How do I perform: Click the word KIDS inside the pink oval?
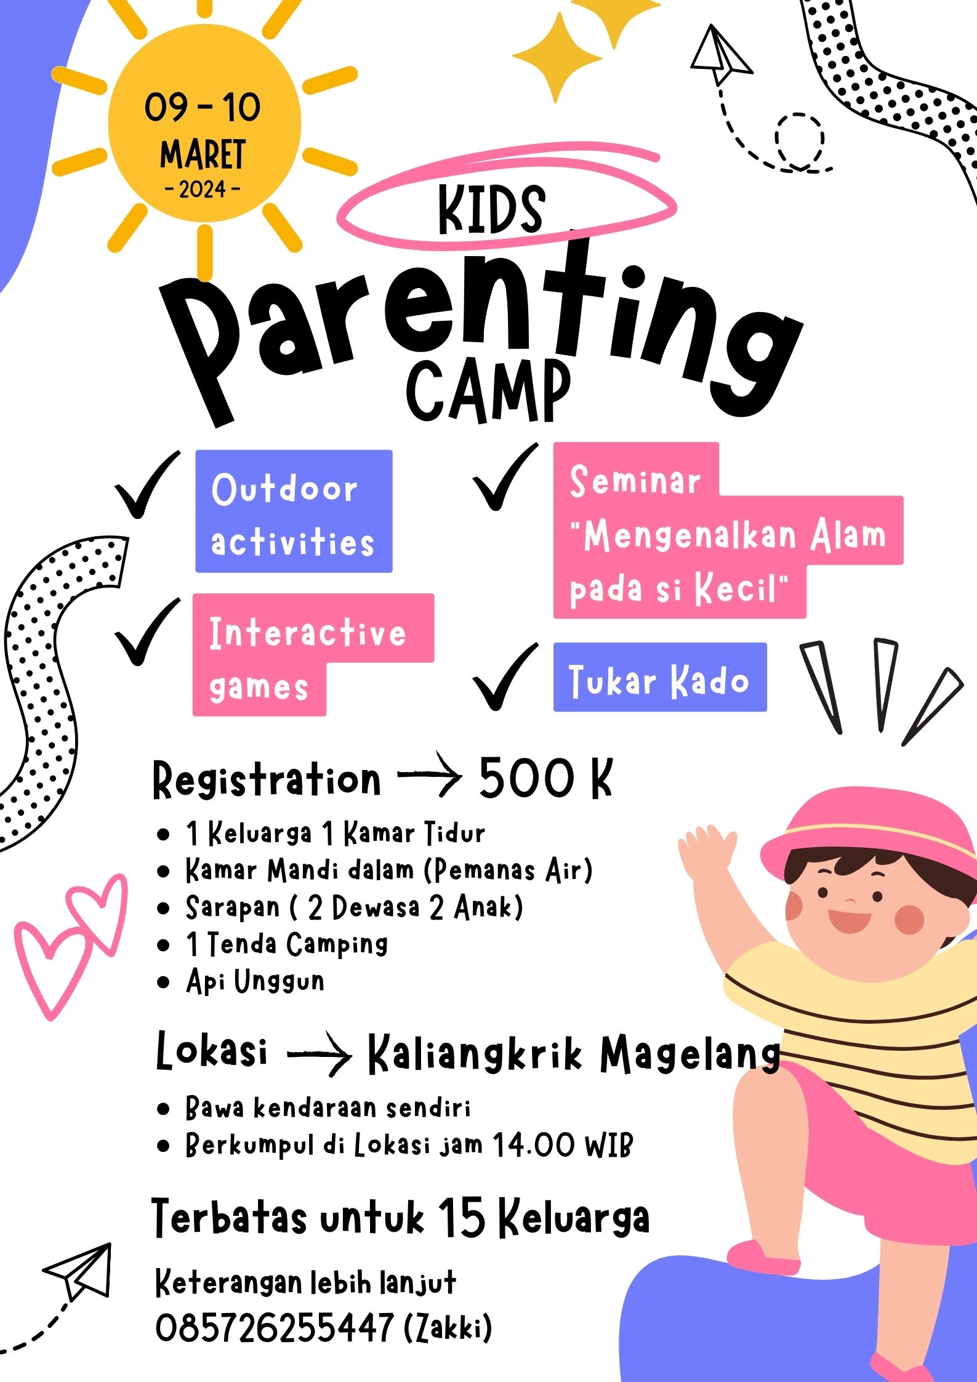(491, 209)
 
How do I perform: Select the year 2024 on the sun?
(203, 190)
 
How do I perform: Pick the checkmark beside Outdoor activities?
(148, 484)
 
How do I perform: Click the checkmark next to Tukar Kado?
(505, 677)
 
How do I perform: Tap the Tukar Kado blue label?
(660, 677)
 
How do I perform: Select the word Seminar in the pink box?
(635, 480)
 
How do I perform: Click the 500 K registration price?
(546, 777)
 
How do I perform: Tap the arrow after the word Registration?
(430, 774)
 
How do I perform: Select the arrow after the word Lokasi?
(320, 1055)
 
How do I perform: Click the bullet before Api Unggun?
(163, 982)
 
